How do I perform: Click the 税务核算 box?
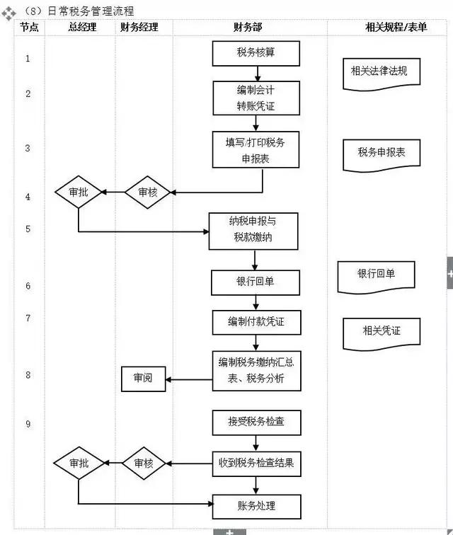[256, 53]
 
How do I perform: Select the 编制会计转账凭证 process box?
[256, 98]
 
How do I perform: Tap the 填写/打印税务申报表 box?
[256, 150]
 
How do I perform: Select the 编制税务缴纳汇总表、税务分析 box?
[256, 370]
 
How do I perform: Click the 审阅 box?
[142, 379]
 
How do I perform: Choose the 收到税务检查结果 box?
[256, 464]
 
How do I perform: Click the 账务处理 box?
[256, 506]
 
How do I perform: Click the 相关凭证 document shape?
[381, 331]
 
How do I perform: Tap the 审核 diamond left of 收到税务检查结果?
[144, 464]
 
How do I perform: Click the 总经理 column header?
[80, 28]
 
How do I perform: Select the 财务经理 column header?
[139, 28]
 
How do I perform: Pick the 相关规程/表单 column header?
[385, 28]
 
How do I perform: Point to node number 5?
[28, 229]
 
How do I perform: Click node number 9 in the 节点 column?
[28, 424]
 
